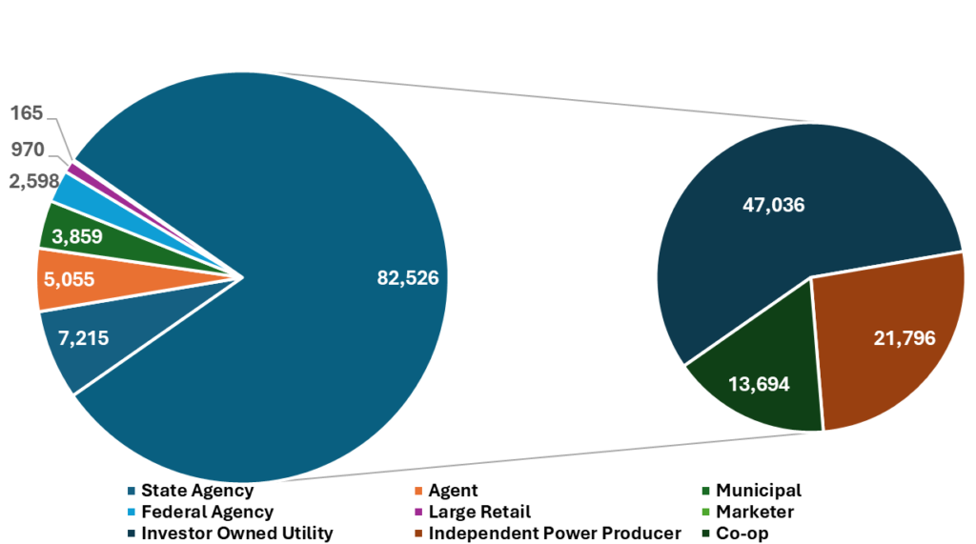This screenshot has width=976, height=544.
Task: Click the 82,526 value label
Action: click(x=407, y=278)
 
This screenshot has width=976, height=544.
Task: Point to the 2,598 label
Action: click(x=33, y=181)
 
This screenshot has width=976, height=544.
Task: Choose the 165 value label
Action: click(x=27, y=113)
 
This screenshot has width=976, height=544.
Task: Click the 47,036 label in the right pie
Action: click(x=773, y=204)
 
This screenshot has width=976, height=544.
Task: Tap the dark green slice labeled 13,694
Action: click(x=757, y=385)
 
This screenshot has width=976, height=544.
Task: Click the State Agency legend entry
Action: click(x=196, y=491)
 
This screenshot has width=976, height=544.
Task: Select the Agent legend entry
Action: click(x=453, y=491)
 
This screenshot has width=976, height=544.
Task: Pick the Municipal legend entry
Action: click(x=758, y=491)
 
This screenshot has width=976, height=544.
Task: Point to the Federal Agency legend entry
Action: click(x=207, y=512)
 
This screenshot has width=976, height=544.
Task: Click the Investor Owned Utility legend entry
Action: click(x=236, y=533)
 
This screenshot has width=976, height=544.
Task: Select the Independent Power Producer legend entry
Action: click(x=554, y=533)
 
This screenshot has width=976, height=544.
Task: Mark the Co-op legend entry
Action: click(x=741, y=533)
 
